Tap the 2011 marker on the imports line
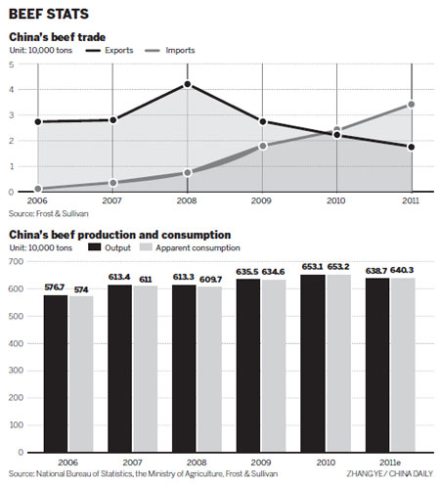(412, 104)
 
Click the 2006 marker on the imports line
(38, 189)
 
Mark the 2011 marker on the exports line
(412, 147)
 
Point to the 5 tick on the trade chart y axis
(11, 65)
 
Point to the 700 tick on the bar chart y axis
(12, 262)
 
